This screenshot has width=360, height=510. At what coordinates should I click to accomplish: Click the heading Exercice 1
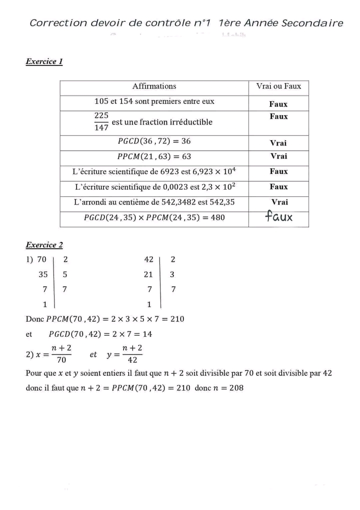click(44, 62)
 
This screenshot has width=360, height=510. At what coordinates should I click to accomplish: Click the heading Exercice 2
click(44, 245)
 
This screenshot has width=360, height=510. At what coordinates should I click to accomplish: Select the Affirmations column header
click(154, 86)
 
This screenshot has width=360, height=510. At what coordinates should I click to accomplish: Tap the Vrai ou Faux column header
click(278, 86)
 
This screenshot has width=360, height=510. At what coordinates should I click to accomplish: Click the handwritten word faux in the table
click(278, 217)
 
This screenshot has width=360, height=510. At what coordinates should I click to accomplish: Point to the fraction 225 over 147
click(101, 122)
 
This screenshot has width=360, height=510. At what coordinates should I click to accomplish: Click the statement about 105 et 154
click(154, 102)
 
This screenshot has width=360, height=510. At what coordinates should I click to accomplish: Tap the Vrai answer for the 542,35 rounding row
click(279, 202)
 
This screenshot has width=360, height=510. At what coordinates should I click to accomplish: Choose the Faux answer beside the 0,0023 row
click(278, 187)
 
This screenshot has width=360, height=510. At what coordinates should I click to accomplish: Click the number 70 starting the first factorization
click(41, 259)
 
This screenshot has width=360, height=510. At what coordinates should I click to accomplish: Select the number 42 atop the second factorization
click(148, 259)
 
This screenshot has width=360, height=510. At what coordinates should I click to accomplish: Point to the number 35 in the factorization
click(43, 274)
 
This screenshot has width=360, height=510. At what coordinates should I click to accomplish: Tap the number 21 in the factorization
click(148, 274)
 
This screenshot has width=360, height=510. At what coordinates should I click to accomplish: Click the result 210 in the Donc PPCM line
click(177, 319)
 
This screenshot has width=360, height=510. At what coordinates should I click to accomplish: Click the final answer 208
click(236, 388)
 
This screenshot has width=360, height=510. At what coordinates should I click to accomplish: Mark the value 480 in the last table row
click(217, 218)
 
